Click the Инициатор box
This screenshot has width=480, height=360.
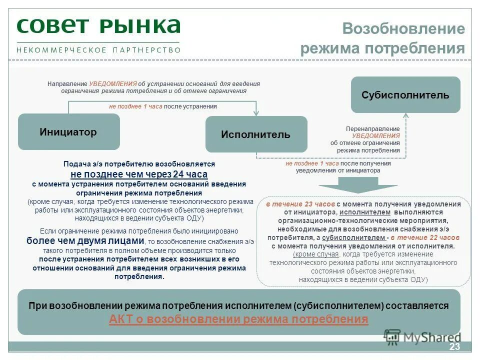[69, 132]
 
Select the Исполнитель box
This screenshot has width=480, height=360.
[256, 134]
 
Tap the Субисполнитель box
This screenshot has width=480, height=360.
[405, 94]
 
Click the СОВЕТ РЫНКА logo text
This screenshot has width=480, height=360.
[98, 25]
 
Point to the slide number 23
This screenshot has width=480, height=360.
[454, 347]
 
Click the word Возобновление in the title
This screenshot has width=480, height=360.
[403, 28]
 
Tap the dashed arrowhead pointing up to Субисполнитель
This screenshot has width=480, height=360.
[406, 116]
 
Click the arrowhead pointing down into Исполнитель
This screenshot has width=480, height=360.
[256, 113]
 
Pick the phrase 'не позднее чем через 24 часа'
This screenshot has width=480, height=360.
[139, 174]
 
